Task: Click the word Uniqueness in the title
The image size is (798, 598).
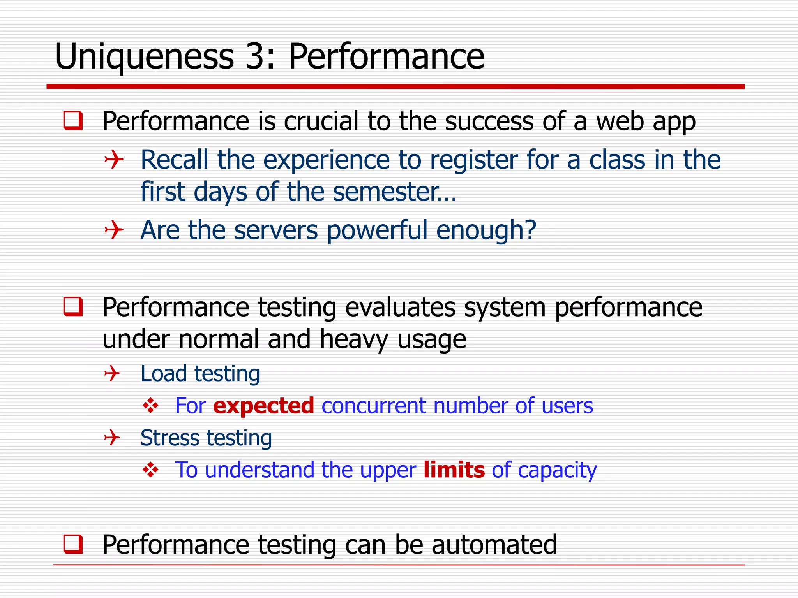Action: point(144,58)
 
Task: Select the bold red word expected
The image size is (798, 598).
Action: point(263,406)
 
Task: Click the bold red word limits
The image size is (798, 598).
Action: point(454,470)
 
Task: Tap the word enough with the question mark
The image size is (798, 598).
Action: point(486,230)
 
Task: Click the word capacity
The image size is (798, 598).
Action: point(557,470)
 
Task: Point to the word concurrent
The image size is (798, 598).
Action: point(374,406)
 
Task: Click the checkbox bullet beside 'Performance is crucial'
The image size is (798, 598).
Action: point(73,121)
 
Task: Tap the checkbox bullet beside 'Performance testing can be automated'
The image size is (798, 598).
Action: point(73,544)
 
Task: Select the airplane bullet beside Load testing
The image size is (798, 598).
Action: point(112,374)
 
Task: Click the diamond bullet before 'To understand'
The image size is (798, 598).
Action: point(150,470)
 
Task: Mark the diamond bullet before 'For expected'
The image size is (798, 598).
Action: point(150,406)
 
